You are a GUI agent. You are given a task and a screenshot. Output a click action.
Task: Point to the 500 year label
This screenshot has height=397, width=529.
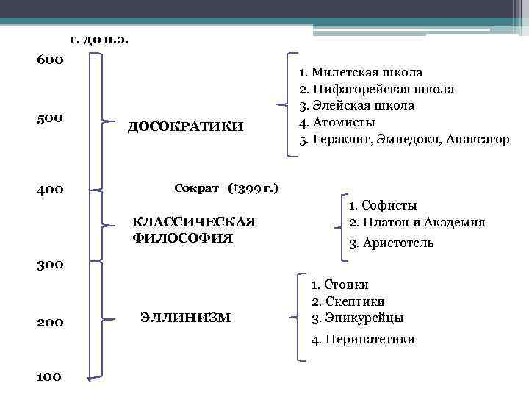(51, 118)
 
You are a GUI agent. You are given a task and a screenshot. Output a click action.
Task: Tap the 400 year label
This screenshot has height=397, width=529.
(51, 190)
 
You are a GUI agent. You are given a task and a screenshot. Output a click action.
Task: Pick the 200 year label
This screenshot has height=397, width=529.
(51, 323)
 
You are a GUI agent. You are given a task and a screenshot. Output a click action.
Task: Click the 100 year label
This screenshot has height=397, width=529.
(49, 377)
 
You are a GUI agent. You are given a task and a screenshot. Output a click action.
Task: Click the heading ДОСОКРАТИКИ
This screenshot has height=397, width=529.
(185, 126)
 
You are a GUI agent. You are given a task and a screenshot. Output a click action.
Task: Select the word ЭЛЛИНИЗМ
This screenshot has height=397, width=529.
(184, 318)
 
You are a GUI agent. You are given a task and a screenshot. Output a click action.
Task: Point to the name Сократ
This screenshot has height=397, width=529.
(197, 188)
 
